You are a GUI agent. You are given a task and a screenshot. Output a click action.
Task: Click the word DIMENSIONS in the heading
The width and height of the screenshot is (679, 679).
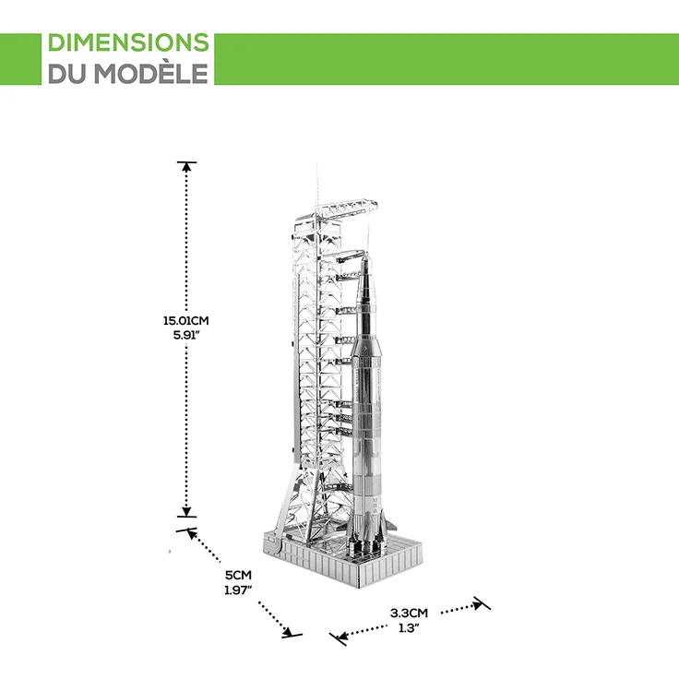pyautogui.click(x=128, y=42)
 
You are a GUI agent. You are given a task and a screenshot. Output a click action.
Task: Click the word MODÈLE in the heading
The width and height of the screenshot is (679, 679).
pyautogui.click(x=151, y=73)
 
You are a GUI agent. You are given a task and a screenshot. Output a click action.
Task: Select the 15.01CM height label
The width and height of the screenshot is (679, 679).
pyautogui.click(x=186, y=321)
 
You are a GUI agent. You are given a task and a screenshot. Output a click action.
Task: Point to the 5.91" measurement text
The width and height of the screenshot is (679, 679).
pyautogui.click(x=186, y=335)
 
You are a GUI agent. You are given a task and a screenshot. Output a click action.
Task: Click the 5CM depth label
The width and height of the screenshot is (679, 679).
pyautogui.click(x=238, y=576)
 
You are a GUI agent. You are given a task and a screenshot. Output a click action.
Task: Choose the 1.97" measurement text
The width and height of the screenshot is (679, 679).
pyautogui.click(x=238, y=590)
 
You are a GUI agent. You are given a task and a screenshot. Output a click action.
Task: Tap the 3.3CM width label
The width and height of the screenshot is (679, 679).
pyautogui.click(x=410, y=613)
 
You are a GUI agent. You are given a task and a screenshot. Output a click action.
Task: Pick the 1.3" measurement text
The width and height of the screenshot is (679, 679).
pyautogui.click(x=410, y=628)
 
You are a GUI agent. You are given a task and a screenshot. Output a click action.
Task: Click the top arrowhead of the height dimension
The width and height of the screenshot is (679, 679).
pyautogui.click(x=186, y=166)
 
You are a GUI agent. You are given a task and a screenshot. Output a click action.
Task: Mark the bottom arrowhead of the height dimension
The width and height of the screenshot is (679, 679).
pyautogui.click(x=186, y=512)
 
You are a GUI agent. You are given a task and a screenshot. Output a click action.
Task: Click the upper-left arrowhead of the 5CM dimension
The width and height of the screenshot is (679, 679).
pyautogui.click(x=192, y=534)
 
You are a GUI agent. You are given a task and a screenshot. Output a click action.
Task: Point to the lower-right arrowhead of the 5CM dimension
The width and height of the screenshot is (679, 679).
pyautogui.click(x=288, y=631)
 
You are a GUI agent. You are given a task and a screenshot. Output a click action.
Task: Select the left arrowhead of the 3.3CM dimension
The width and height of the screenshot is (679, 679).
pyautogui.click(x=342, y=637)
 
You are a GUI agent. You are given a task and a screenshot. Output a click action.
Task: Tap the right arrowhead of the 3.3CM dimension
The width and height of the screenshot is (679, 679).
pyautogui.click(x=478, y=603)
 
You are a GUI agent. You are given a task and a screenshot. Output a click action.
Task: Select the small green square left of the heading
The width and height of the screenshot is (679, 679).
pyautogui.click(x=20, y=59)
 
